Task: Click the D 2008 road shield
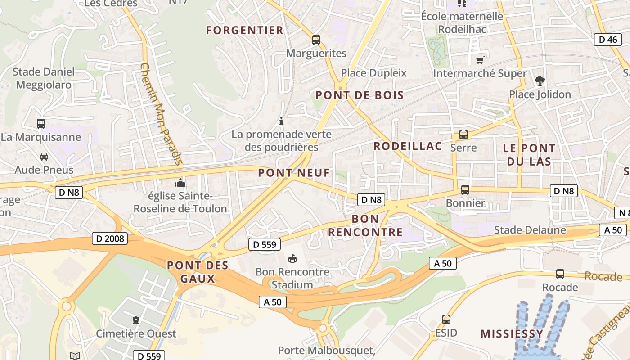coord(110,238)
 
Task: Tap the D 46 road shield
coord(608,40)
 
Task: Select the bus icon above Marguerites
coord(316,40)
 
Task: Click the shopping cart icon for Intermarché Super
coord(480,60)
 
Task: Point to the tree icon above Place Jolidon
coord(540,81)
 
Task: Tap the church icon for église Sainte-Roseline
coord(180,183)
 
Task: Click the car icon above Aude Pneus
coord(44,157)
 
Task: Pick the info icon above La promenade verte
coord(281,121)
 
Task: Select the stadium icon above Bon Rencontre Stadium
coord(292,258)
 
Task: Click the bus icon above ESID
coord(446,319)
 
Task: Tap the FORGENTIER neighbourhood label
coord(245,31)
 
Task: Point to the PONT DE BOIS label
coord(360,95)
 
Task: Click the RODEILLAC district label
coord(408,146)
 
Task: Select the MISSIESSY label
coord(512,334)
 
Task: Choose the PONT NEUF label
coord(294,173)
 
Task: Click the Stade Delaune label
coord(530,230)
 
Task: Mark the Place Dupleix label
coord(373,73)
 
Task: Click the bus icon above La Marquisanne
coord(41,123)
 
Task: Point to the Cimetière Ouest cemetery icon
coord(135,320)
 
